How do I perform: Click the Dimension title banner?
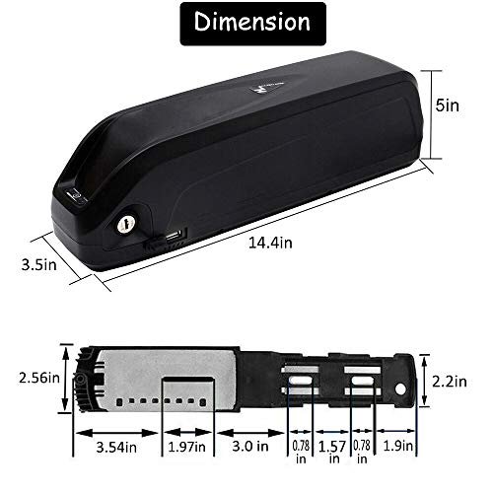246,22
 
